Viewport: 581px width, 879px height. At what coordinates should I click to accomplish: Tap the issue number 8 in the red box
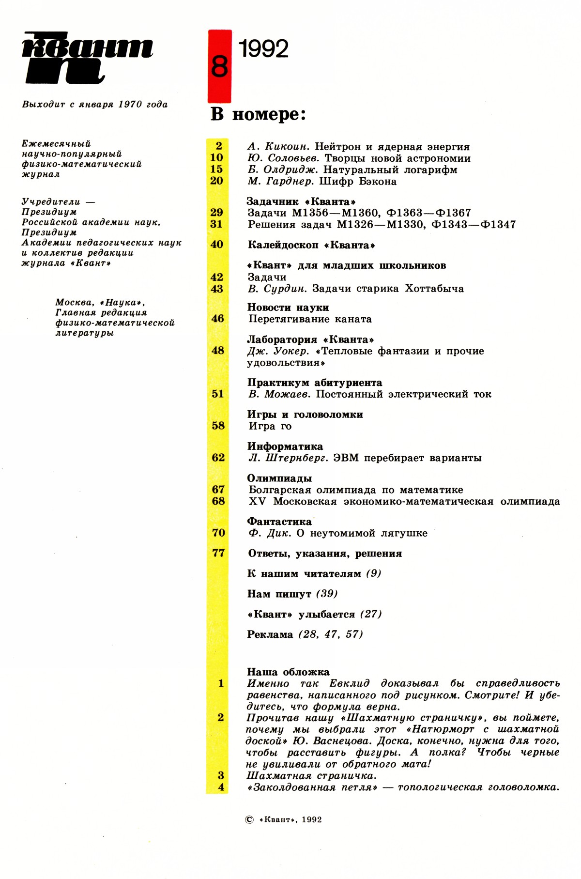[219, 66]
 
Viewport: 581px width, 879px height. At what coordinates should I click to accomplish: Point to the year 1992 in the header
[263, 49]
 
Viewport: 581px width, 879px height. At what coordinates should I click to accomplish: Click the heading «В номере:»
[258, 114]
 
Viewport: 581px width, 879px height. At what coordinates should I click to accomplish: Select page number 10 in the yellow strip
[216, 157]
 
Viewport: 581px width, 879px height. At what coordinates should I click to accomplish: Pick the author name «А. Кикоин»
[278, 147]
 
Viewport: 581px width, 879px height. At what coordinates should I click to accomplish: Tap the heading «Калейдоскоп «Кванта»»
[311, 245]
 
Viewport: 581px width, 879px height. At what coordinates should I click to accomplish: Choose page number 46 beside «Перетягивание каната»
[218, 319]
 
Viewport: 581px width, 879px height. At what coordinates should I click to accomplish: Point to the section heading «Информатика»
[285, 447]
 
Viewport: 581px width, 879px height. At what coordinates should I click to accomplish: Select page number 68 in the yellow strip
[218, 501]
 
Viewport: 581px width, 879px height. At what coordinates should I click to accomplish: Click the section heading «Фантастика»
[279, 522]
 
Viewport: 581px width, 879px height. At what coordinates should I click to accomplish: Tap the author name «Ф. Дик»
[270, 533]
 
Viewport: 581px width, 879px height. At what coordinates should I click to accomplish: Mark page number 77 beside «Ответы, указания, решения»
[218, 553]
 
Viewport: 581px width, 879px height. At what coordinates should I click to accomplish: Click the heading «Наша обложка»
[288, 672]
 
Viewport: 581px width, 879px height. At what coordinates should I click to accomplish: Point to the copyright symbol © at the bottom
[249, 819]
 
